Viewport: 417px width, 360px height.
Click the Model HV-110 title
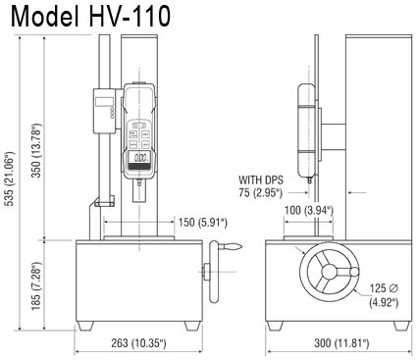tap(90, 17)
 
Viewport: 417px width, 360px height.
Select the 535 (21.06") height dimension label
tap(11, 179)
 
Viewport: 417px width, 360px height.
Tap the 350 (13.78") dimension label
tap(36, 150)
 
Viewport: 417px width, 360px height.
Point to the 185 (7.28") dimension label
tap(36, 286)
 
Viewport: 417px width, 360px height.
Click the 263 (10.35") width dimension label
tap(139, 343)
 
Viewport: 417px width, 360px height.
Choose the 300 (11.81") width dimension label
tap(341, 343)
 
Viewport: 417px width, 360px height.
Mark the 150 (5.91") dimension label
tap(203, 223)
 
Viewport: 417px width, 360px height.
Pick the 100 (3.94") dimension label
tap(309, 210)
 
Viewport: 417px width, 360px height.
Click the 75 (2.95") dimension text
tap(260, 193)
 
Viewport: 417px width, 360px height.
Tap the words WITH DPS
tap(261, 180)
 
